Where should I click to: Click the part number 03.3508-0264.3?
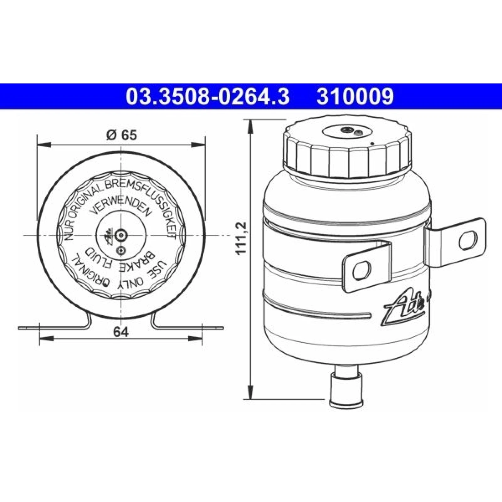click(x=207, y=96)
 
